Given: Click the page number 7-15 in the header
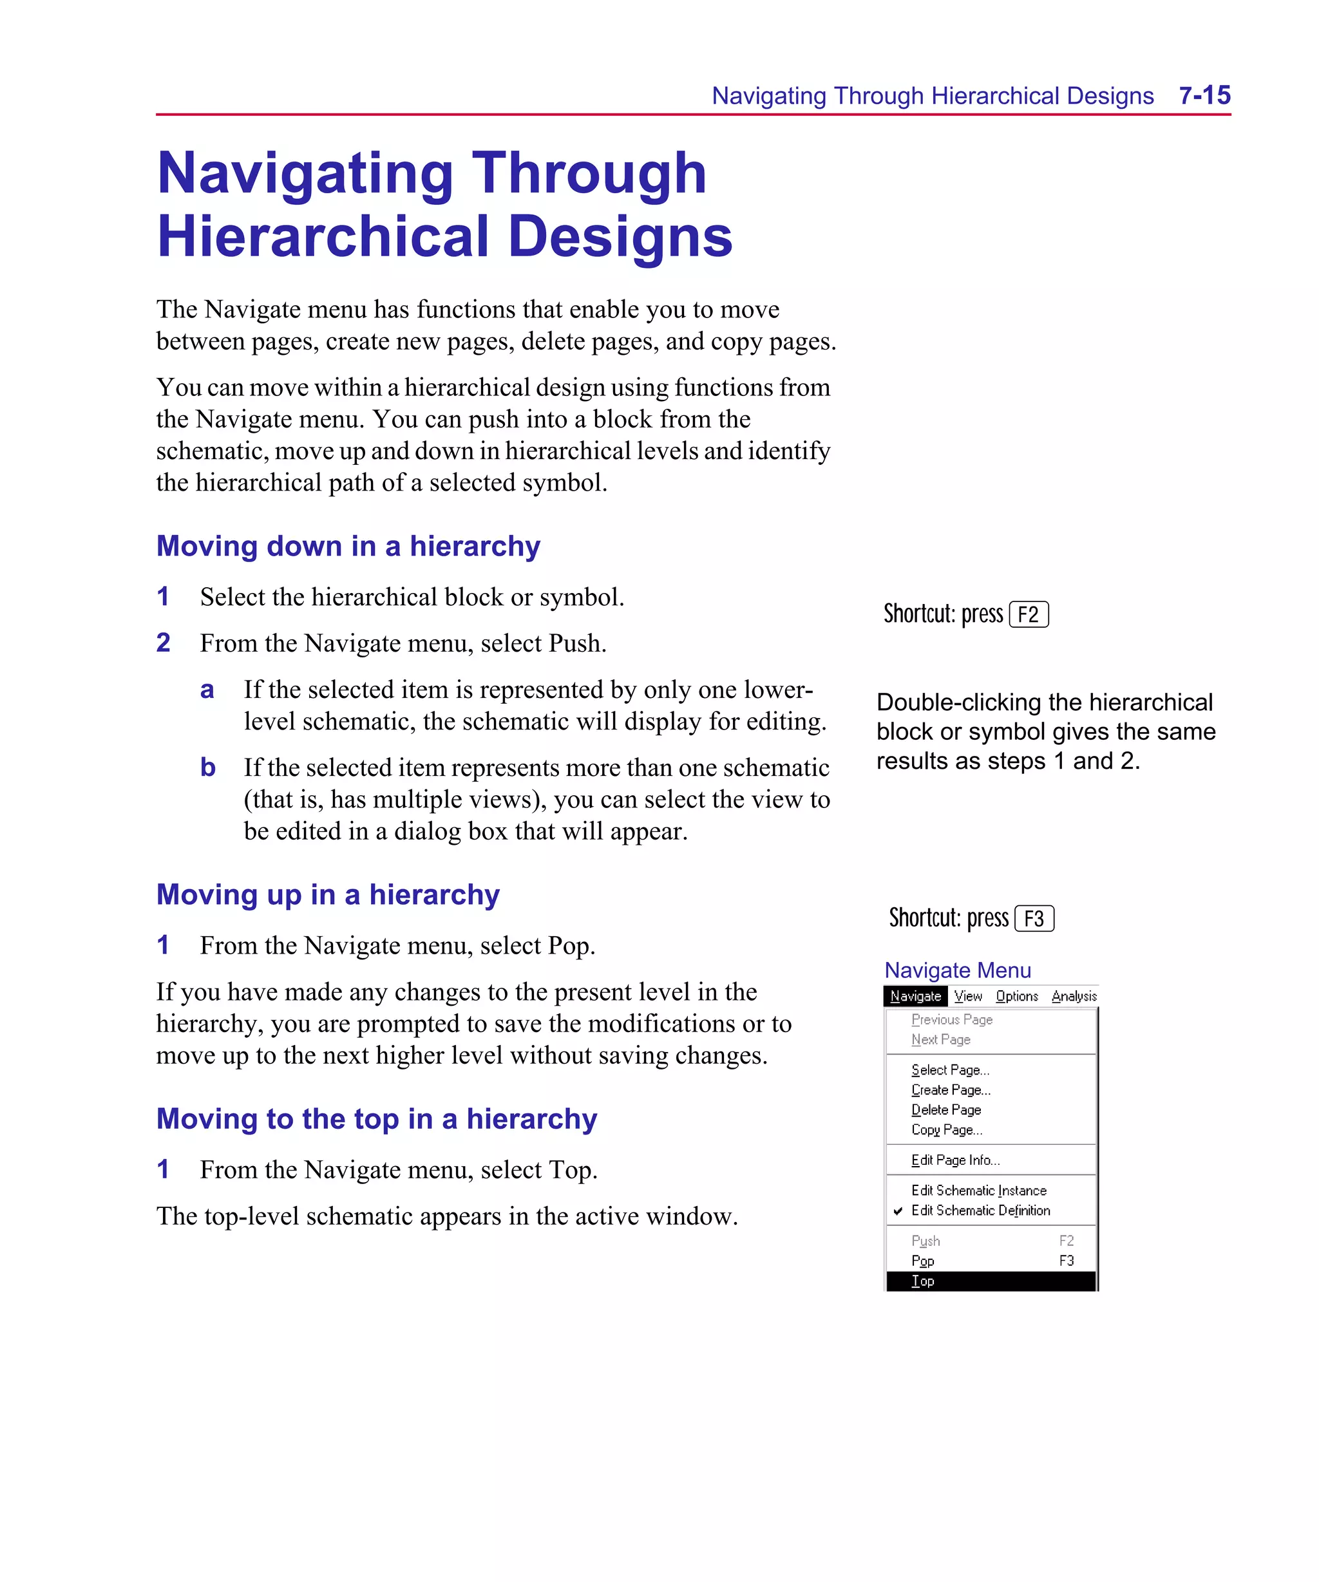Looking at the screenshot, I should coord(1204,96).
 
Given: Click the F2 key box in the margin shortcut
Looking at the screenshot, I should coord(1028,615).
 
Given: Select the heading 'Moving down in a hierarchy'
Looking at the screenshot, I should coord(348,546).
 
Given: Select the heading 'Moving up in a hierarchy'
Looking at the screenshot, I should coord(328,895).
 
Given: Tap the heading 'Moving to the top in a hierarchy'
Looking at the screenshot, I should coord(376,1120).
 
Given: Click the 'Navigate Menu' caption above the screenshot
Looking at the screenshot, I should coord(957,970).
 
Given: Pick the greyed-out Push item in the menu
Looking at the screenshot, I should coord(925,1241).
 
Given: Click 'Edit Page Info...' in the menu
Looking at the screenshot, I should coord(955,1160).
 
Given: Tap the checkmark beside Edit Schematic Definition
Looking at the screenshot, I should coord(898,1211).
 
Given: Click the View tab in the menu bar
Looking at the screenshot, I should coord(968,996).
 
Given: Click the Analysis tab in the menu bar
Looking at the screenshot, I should coord(1074,996).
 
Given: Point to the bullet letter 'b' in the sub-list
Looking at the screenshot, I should coord(208,767).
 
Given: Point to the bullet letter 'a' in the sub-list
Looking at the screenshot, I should coord(207,690).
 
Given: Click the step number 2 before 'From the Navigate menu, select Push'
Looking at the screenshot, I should coord(164,643).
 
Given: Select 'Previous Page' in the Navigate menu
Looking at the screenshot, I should coord(951,1019).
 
